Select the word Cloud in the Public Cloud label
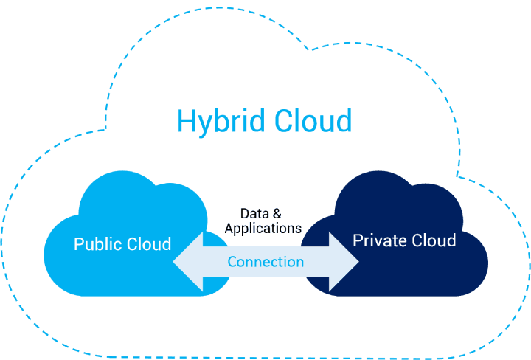[x=147, y=244]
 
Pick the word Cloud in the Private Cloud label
[x=432, y=240]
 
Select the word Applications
[x=263, y=229]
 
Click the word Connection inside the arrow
[x=265, y=262]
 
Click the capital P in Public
[x=78, y=244]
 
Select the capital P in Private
[x=358, y=240]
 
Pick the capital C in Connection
[x=232, y=262]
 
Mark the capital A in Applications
[x=229, y=229]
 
